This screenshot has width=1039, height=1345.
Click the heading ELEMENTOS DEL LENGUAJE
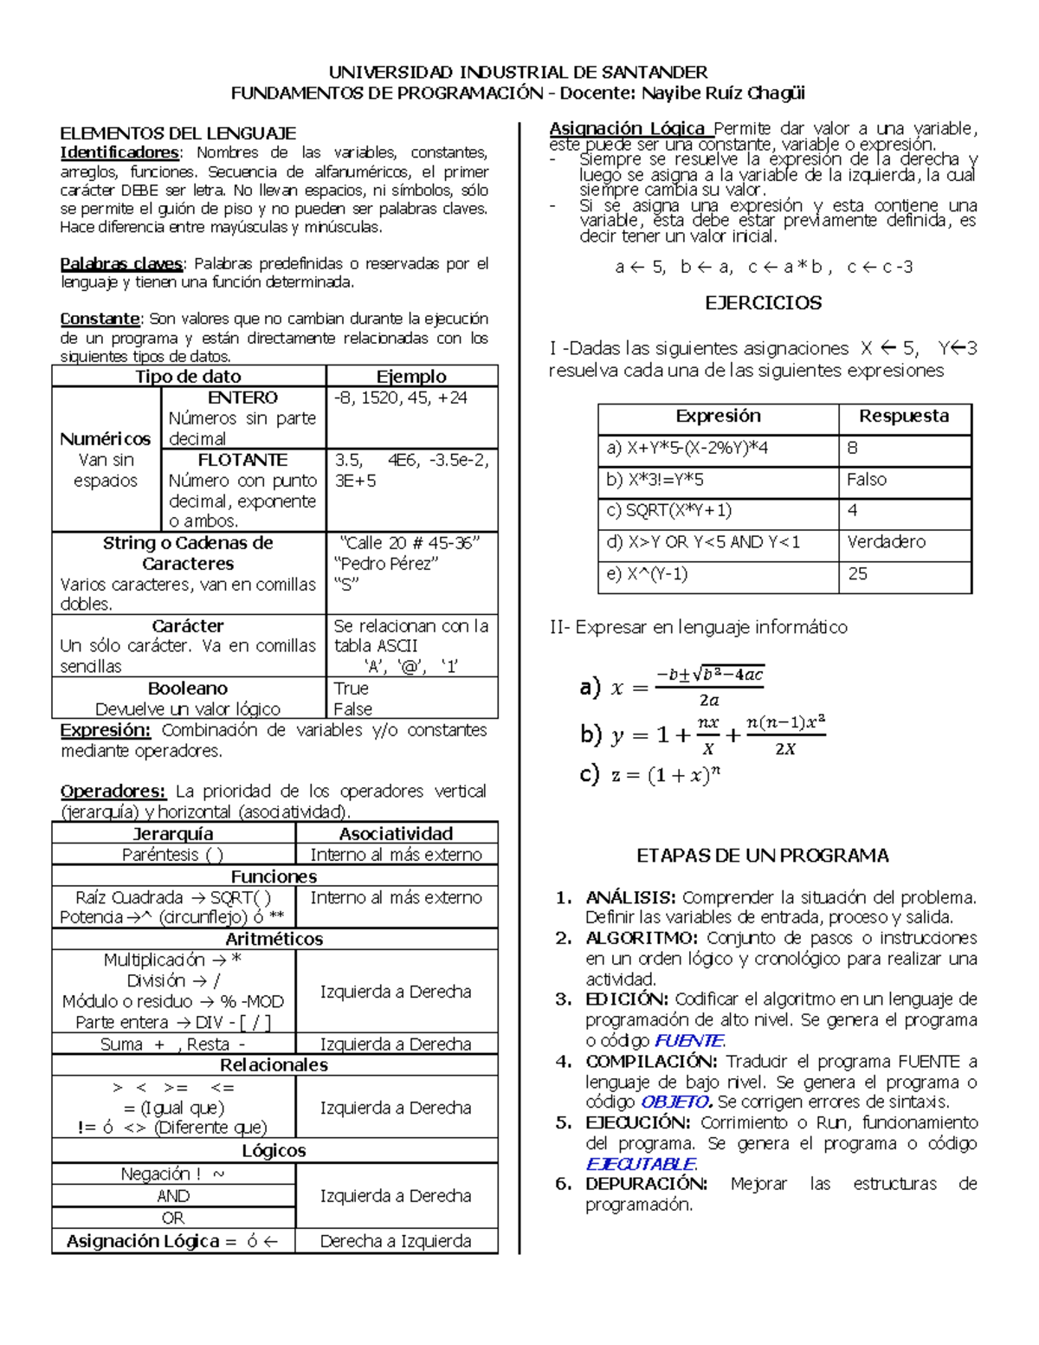(177, 133)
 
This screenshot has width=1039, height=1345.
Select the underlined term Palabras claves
(121, 263)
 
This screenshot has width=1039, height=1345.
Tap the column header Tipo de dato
(188, 376)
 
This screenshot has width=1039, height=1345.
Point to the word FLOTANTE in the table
(242, 460)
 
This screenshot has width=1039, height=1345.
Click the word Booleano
(188, 689)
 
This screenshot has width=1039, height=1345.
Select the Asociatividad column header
(396, 833)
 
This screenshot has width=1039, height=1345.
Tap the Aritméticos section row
(274, 939)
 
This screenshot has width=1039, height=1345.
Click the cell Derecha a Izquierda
(396, 1241)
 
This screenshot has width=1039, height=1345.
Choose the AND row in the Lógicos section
(173, 1196)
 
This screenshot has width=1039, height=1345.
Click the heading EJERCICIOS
(763, 303)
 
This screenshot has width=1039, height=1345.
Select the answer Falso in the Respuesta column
(867, 480)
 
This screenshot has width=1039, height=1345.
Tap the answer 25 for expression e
(858, 573)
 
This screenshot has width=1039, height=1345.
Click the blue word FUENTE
(688, 1041)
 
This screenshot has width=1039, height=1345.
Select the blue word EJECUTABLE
(641, 1164)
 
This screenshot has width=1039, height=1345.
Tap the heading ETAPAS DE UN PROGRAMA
(762, 856)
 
